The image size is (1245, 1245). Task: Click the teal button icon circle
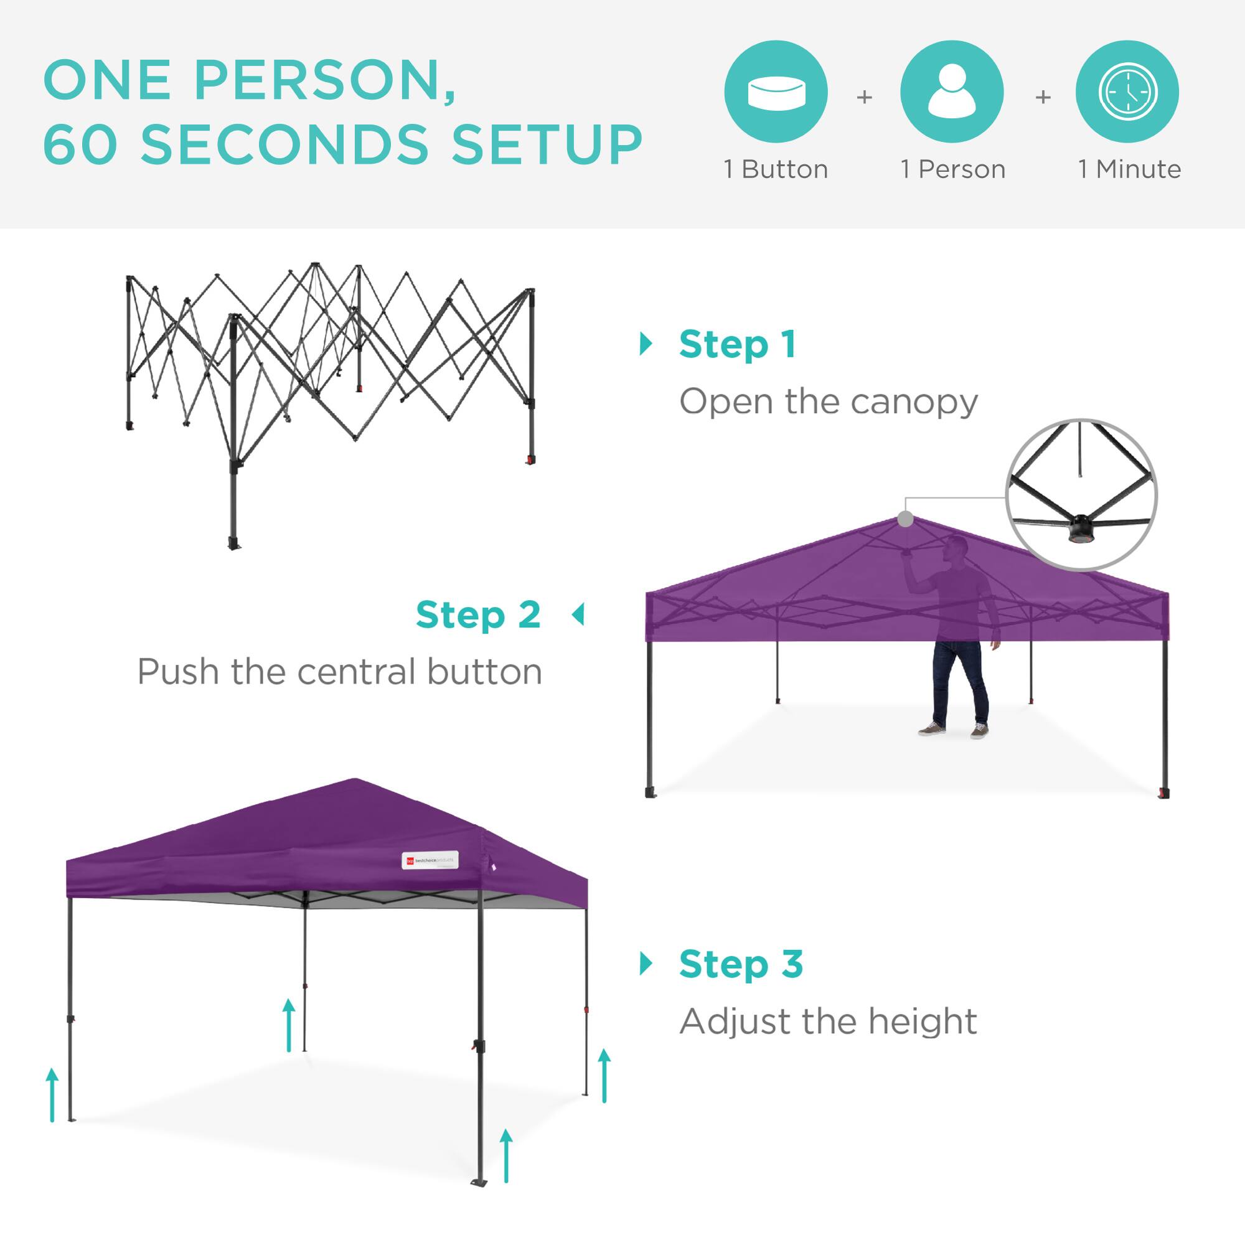click(776, 92)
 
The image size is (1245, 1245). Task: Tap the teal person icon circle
click(952, 92)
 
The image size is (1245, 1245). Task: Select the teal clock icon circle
click(1127, 92)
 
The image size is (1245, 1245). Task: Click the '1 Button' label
click(776, 169)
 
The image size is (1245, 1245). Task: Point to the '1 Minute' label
click(1130, 169)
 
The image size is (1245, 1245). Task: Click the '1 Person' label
click(952, 169)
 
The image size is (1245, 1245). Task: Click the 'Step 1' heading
click(737, 345)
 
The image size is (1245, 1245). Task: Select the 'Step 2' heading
click(478, 615)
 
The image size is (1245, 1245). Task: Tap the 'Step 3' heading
click(741, 964)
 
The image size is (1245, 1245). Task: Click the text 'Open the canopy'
click(828, 402)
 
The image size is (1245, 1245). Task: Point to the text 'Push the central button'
click(340, 672)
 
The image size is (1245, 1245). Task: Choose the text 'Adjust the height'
click(828, 1022)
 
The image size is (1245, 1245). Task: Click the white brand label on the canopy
click(430, 860)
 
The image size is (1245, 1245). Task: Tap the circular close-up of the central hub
click(1081, 495)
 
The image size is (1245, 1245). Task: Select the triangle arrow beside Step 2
click(579, 615)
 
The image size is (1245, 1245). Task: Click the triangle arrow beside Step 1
click(645, 344)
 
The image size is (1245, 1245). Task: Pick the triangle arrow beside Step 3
click(645, 964)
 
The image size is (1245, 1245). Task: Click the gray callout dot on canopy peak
click(905, 518)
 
